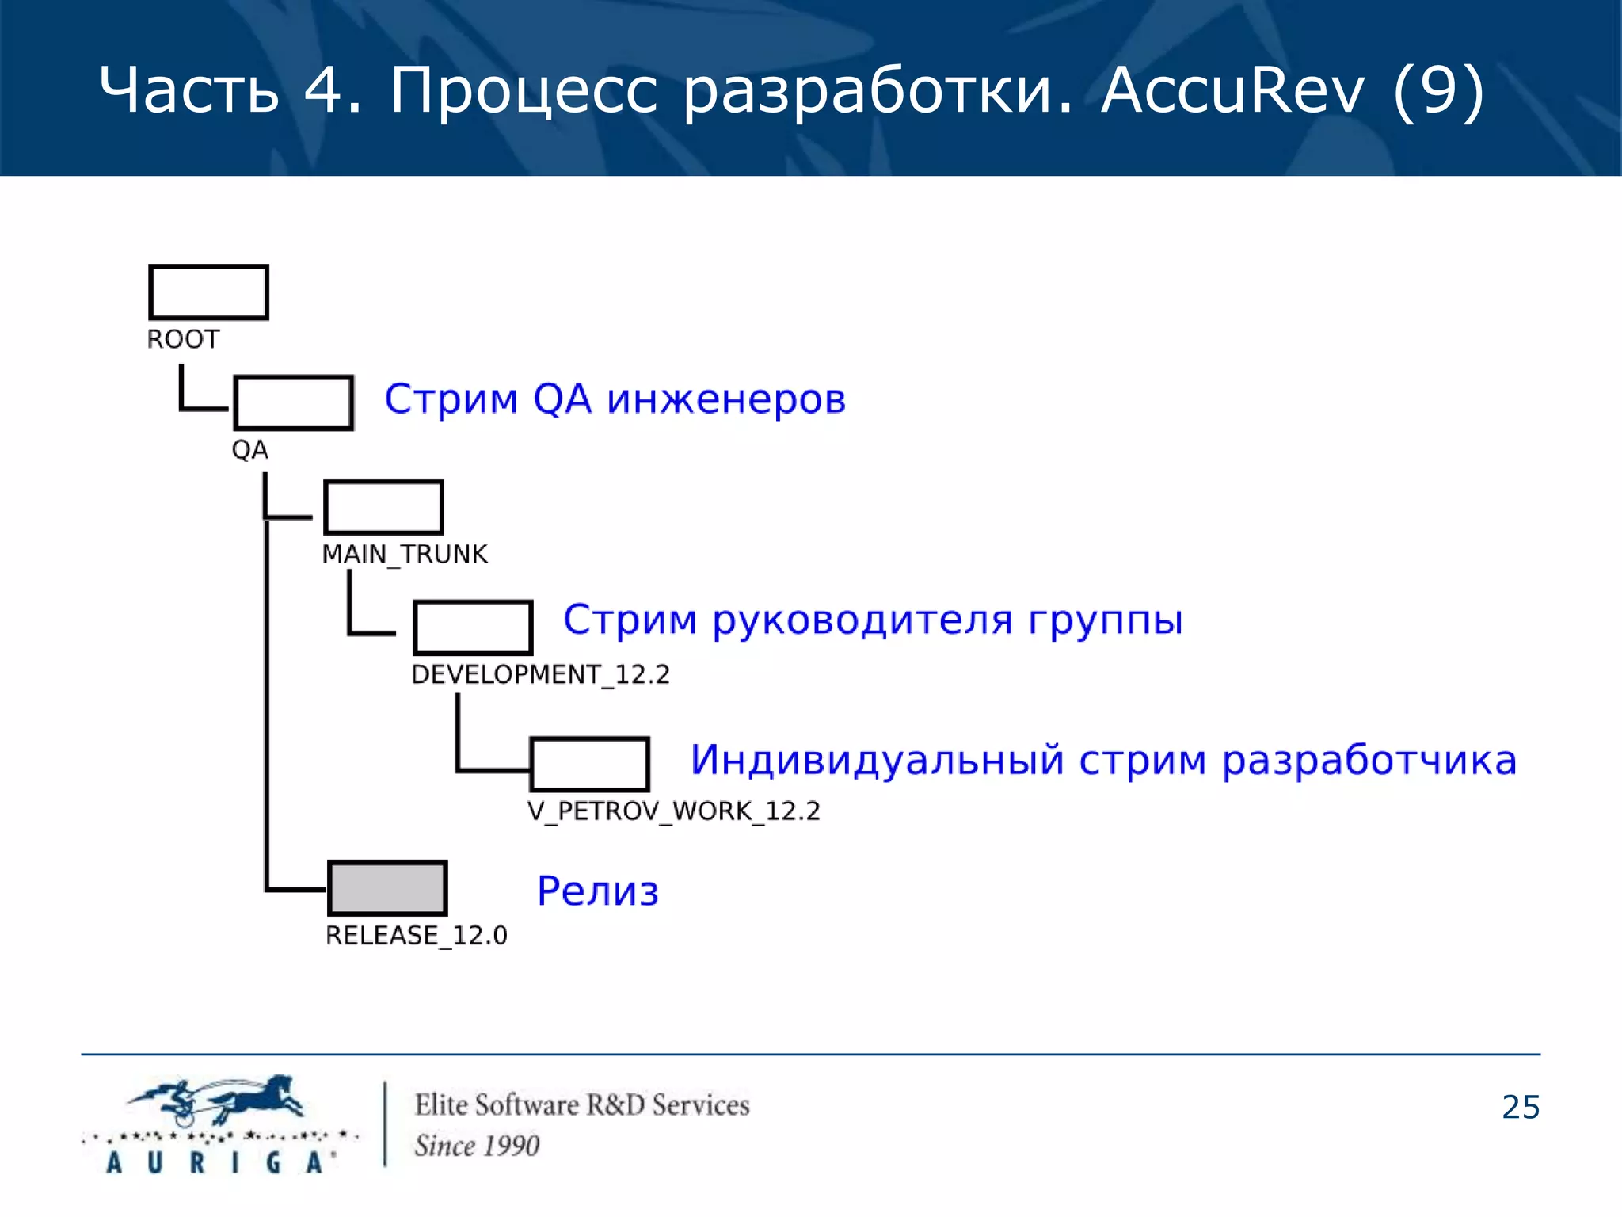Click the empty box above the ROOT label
208,292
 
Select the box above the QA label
293,402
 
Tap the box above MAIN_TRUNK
383,507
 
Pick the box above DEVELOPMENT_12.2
473,628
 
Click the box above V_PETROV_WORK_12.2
590,764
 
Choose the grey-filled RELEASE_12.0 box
387,888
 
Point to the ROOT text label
183,339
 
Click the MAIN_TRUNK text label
405,554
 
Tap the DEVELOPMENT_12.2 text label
540,674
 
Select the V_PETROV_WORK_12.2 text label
674,811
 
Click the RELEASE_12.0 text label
417,935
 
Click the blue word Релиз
598,891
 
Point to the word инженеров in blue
726,399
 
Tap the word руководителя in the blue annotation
862,620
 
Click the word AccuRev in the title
1232,90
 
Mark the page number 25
1521,1107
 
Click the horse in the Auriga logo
253,1097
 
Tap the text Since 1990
477,1146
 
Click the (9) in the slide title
1438,91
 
